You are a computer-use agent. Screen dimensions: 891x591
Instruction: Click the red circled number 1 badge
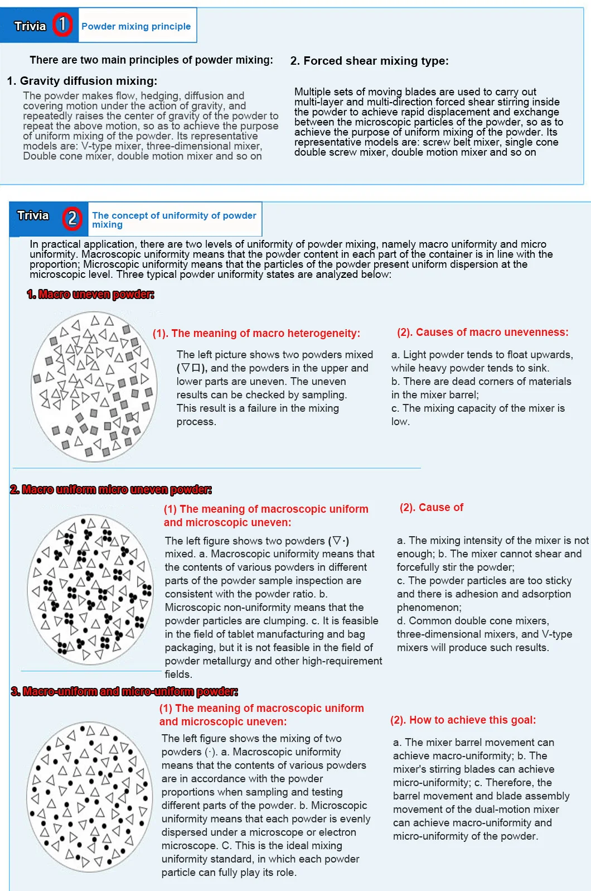[x=62, y=25]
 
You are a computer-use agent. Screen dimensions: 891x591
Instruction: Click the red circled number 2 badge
[x=72, y=218]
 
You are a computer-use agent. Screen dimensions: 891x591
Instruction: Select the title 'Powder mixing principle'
[x=136, y=26]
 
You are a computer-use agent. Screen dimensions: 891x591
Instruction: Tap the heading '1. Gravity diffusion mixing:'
[x=82, y=81]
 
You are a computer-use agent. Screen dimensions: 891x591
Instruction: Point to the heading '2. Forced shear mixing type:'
[x=369, y=61]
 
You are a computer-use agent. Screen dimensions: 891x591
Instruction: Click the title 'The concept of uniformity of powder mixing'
[x=174, y=220]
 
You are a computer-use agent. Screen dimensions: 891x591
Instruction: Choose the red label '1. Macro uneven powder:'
[x=90, y=294]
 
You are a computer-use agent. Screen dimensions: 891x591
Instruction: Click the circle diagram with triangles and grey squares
[x=94, y=387]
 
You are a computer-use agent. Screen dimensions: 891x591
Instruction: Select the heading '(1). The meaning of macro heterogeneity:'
[x=256, y=333]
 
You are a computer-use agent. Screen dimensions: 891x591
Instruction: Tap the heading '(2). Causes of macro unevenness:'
[x=483, y=332]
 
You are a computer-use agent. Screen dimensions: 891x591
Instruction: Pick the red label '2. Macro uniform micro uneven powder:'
[x=111, y=489]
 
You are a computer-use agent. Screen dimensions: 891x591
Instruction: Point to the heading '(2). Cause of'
[x=432, y=507]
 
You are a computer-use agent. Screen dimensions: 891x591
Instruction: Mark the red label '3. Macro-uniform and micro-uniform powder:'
[x=124, y=691]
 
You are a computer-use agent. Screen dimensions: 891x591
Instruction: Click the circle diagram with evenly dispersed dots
[x=89, y=797]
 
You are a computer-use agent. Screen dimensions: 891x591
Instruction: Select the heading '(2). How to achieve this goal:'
[x=463, y=720]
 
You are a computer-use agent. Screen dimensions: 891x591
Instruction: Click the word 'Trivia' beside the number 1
[x=30, y=26]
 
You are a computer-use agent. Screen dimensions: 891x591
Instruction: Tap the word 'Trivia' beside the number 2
[x=33, y=215]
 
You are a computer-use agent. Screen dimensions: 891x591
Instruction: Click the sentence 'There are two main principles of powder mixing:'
[x=151, y=60]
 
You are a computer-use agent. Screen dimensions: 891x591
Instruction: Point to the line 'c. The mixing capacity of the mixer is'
[x=478, y=408]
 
